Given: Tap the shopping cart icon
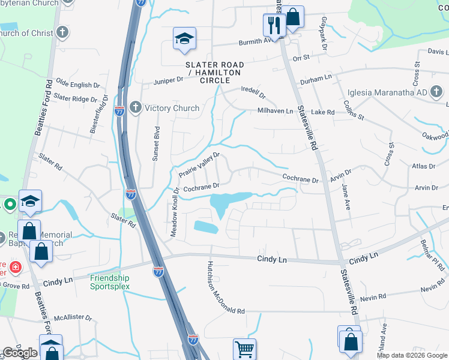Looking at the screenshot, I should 244,349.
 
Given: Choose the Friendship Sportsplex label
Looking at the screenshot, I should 110,282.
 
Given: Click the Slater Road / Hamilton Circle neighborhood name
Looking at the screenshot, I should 215,72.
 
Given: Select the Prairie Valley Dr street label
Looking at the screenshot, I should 200,165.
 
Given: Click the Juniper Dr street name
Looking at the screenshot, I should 168,80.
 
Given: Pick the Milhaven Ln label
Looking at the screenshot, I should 275,111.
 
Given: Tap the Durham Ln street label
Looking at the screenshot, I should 316,78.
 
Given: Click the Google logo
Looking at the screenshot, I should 20,353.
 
